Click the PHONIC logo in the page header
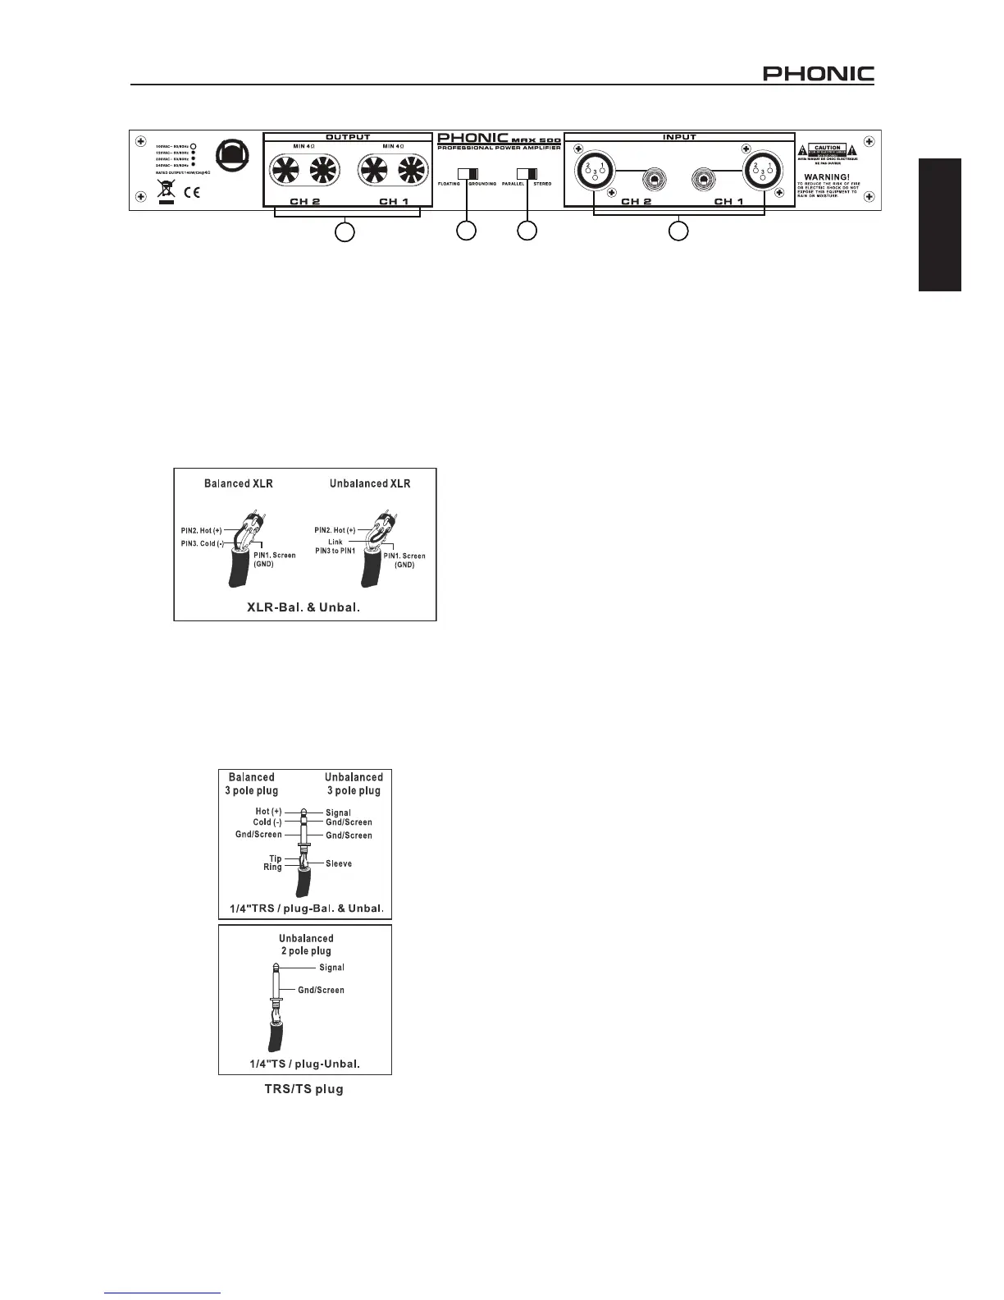click(818, 75)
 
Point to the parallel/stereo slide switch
click(527, 173)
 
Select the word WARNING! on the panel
click(828, 176)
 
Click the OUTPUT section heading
click(348, 137)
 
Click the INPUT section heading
click(679, 137)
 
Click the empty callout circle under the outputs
click(345, 232)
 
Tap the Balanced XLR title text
click(238, 483)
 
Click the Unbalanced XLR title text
click(369, 483)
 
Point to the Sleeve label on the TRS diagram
click(339, 863)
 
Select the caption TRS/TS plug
click(304, 1089)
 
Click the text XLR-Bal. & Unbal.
click(303, 608)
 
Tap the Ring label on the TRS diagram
click(272, 867)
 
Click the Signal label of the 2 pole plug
click(331, 968)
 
